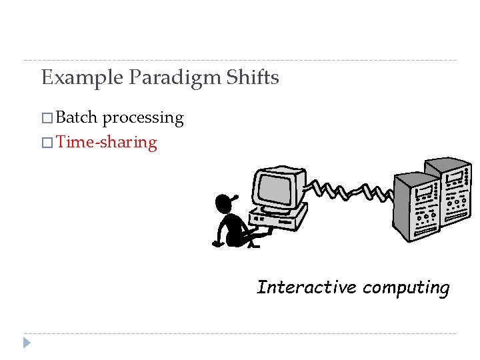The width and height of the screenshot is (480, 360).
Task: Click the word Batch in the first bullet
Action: pyautogui.click(x=77, y=118)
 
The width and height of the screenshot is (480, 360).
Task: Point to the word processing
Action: pyautogui.click(x=143, y=119)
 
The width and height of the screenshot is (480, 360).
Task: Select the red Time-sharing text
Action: pyautogui.click(x=107, y=142)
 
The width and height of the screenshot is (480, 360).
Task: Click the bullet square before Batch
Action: pyautogui.click(x=46, y=119)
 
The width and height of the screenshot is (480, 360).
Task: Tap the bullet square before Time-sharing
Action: pyautogui.click(x=46, y=143)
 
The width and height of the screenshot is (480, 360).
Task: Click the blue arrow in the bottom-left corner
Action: pyautogui.click(x=27, y=343)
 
